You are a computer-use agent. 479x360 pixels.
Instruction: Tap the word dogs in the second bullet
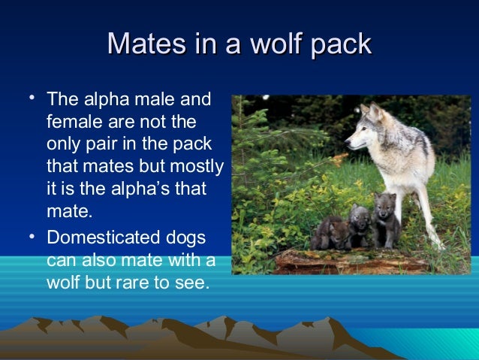(188, 239)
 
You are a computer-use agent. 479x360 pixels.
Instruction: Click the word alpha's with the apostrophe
(147, 187)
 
